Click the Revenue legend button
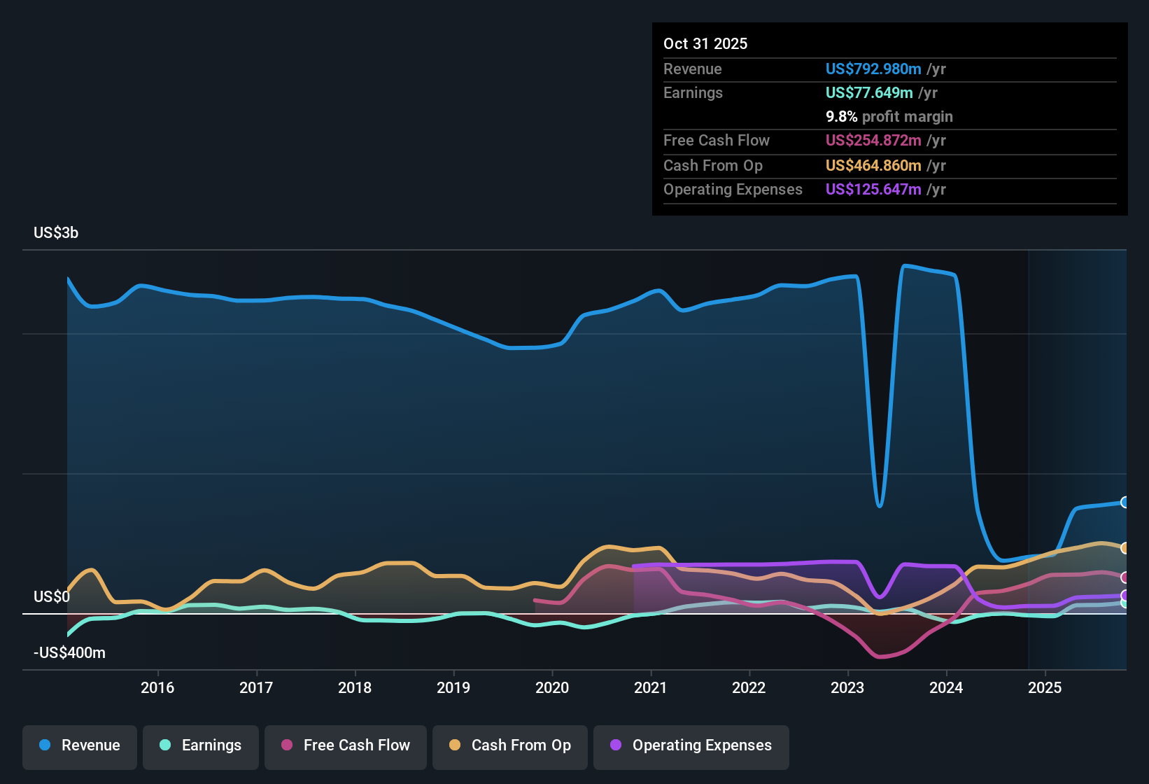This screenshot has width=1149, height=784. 80,745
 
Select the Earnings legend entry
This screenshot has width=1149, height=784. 201,745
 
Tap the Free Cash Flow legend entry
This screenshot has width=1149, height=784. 346,745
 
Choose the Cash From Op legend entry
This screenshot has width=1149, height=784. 510,745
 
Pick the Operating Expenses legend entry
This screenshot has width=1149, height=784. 691,745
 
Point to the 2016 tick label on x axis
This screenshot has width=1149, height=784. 157,687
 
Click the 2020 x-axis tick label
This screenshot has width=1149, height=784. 552,687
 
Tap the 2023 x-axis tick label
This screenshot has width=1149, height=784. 847,687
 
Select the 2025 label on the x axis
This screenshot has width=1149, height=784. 1045,687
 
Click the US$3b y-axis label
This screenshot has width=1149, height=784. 56,233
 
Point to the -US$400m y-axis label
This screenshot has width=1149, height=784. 69,653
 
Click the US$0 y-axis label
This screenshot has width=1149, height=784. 52,597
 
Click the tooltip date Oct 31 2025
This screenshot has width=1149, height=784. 705,43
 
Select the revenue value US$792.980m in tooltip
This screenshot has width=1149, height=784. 873,69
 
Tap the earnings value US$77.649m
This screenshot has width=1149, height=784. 868,92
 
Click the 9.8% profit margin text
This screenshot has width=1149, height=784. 889,117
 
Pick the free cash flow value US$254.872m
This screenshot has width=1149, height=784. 873,140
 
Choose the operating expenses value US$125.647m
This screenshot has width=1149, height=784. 873,189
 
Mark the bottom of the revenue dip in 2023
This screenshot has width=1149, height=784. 880,505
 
